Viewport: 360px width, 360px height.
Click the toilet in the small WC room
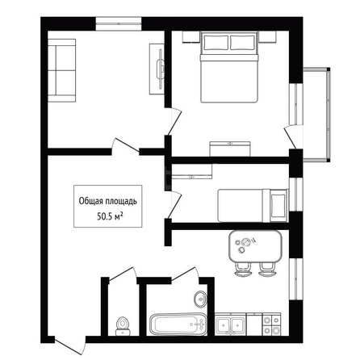tap(123, 326)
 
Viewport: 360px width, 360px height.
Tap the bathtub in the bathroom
tap(178, 324)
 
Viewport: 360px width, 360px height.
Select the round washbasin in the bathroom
tap(200, 298)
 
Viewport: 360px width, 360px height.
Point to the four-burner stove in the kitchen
tap(271, 324)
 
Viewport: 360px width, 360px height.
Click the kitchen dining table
tap(255, 246)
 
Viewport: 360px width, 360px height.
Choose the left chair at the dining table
tap(242, 270)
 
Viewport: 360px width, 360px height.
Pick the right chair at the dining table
tap(267, 270)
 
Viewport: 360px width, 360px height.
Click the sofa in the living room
tap(61, 70)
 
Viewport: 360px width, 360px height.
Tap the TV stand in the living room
tap(157, 69)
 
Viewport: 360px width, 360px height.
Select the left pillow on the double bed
tap(216, 43)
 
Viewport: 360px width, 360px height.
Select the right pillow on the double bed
tap(242, 43)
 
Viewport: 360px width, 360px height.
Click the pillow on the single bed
tap(278, 206)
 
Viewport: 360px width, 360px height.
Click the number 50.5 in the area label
tap(105, 217)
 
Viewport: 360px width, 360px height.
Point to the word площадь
tap(121, 202)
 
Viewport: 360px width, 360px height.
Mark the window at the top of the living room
tap(119, 23)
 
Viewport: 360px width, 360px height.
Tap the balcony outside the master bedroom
tap(316, 115)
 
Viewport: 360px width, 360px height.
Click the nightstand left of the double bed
tap(191, 37)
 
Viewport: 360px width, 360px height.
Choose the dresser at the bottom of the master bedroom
tap(230, 149)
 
